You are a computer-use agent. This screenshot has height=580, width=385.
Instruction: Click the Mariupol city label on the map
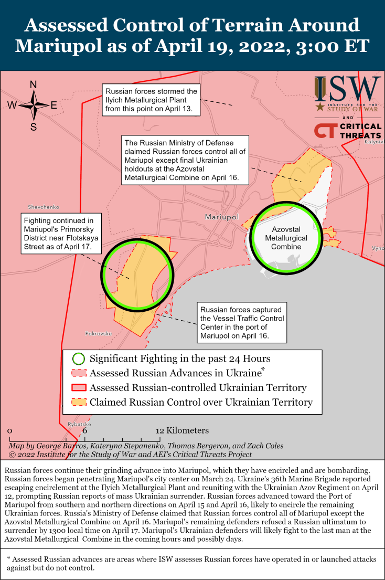pyautogui.click(x=221, y=217)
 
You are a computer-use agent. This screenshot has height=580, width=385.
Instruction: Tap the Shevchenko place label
pyautogui.click(x=44, y=207)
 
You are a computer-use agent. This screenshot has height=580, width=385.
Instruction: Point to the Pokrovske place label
pyautogui.click(x=99, y=333)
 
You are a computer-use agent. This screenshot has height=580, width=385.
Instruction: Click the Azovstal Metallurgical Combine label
pyautogui.click(x=286, y=238)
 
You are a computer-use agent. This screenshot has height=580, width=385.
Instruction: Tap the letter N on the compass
pyautogui.click(x=34, y=85)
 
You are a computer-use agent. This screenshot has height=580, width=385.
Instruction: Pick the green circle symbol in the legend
pyautogui.click(x=78, y=359)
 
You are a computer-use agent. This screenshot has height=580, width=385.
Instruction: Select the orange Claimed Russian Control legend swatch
pyautogui.click(x=78, y=403)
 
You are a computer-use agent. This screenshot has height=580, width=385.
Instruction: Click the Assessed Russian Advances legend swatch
pyautogui.click(x=78, y=374)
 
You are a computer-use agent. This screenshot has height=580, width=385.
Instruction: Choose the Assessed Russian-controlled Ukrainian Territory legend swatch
pyautogui.click(x=78, y=388)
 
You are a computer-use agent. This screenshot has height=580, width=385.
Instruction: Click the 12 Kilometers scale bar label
pyautogui.click(x=183, y=431)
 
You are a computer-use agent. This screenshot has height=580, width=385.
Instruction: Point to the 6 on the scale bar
pyautogui.click(x=84, y=431)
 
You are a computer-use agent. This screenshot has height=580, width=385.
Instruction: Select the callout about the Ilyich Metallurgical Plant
pyautogui.click(x=151, y=100)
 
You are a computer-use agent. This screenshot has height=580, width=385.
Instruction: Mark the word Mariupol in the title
pyautogui.click(x=58, y=46)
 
